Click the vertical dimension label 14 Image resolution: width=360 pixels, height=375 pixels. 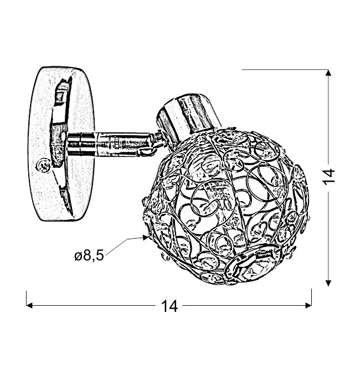(x=328, y=177)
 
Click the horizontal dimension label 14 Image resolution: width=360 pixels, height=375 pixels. (x=169, y=306)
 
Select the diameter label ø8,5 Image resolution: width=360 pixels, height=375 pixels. (x=89, y=256)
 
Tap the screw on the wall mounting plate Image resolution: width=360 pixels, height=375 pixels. (x=43, y=165)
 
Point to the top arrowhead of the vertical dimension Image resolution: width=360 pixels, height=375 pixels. (x=328, y=73)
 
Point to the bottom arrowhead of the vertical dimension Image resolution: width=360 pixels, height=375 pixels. (x=328, y=283)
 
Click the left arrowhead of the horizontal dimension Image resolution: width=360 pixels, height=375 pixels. (x=29, y=305)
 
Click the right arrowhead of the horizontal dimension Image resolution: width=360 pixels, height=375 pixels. (x=308, y=305)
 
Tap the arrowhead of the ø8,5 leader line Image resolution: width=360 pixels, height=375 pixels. (x=146, y=238)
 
